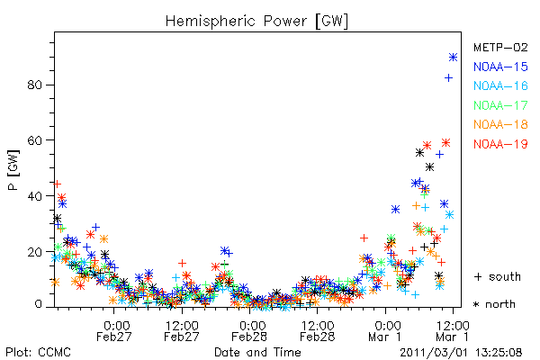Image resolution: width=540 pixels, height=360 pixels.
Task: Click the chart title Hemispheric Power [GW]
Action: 256,21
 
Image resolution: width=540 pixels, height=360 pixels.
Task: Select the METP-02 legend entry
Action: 500,47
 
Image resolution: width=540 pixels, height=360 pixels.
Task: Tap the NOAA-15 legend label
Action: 500,67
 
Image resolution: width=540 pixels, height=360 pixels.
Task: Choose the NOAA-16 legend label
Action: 500,85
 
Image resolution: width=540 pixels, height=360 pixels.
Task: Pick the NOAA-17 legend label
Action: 500,105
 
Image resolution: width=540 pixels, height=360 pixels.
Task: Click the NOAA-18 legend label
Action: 500,124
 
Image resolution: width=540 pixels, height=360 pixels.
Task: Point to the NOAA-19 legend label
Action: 500,144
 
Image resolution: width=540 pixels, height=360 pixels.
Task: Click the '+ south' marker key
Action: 498,276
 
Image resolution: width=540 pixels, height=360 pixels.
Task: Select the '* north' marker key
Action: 494,304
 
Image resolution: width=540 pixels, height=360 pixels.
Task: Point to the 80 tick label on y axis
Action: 35,85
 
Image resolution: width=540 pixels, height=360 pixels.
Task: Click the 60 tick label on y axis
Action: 35,140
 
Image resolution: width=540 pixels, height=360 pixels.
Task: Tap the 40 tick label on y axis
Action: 35,196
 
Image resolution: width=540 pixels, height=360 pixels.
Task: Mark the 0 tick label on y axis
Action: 38,304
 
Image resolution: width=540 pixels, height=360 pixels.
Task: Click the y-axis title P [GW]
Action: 13,170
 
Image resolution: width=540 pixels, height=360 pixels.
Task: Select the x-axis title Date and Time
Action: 257,352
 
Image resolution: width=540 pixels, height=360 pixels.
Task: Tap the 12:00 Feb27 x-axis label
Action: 182,331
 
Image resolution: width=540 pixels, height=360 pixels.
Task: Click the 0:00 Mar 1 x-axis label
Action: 384,331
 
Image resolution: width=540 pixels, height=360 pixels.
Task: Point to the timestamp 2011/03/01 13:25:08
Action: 461,353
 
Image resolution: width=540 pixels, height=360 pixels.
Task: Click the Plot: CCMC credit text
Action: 38,352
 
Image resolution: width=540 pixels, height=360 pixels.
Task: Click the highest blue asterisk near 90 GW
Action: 454,58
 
